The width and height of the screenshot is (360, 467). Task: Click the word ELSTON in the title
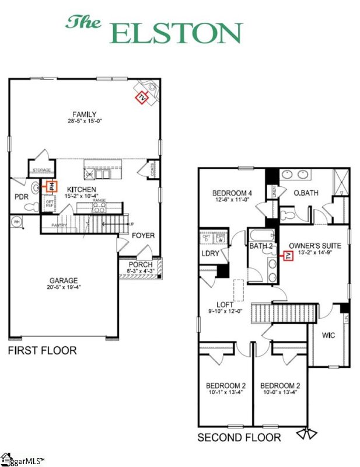[x=176, y=33]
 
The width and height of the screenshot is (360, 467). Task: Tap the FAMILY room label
[x=84, y=114]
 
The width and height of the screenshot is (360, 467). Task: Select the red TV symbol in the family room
[x=142, y=97]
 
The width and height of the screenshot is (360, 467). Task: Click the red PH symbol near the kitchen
[x=51, y=187]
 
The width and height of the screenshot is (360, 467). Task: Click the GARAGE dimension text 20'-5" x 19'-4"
[x=64, y=288]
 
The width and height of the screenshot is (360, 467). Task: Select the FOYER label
[x=143, y=236]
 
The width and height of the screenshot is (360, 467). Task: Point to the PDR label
[x=22, y=197]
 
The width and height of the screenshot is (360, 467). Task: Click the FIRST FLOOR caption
[x=42, y=351]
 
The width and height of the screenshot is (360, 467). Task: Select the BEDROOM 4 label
[x=232, y=193]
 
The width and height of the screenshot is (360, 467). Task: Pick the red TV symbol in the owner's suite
[x=287, y=256]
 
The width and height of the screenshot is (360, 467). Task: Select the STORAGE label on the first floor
[x=42, y=169]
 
